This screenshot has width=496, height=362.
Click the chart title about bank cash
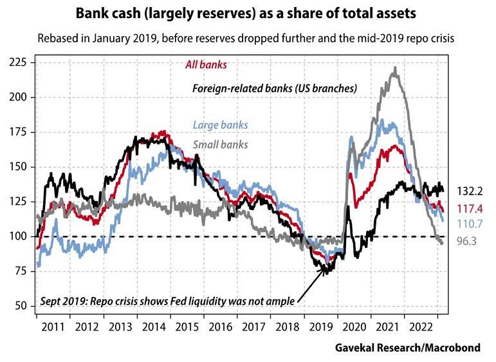tap(248, 12)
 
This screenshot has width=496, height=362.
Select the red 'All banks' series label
tap(202, 64)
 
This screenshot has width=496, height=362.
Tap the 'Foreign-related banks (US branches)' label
tap(275, 88)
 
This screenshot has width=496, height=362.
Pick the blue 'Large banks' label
tap(220, 125)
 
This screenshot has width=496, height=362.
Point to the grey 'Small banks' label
tap(220, 145)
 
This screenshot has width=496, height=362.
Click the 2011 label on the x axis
tap(53, 325)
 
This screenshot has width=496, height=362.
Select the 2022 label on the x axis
tap(427, 325)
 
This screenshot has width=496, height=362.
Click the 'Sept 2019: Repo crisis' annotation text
tap(170, 301)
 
